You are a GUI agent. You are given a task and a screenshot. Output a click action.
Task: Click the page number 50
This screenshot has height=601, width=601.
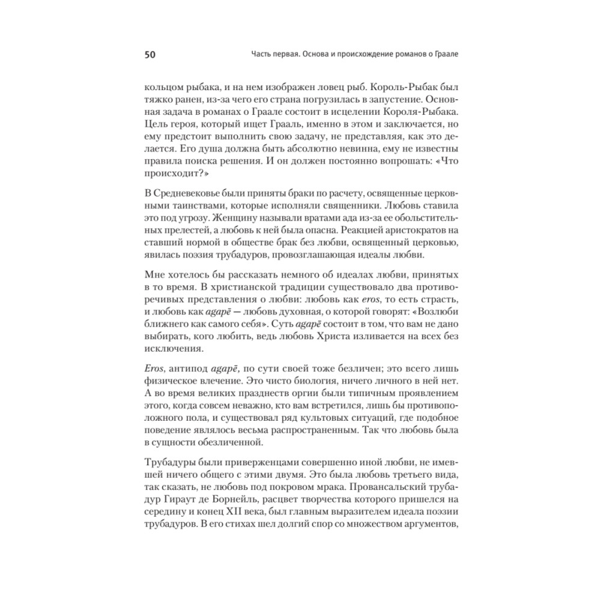(x=150, y=55)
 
